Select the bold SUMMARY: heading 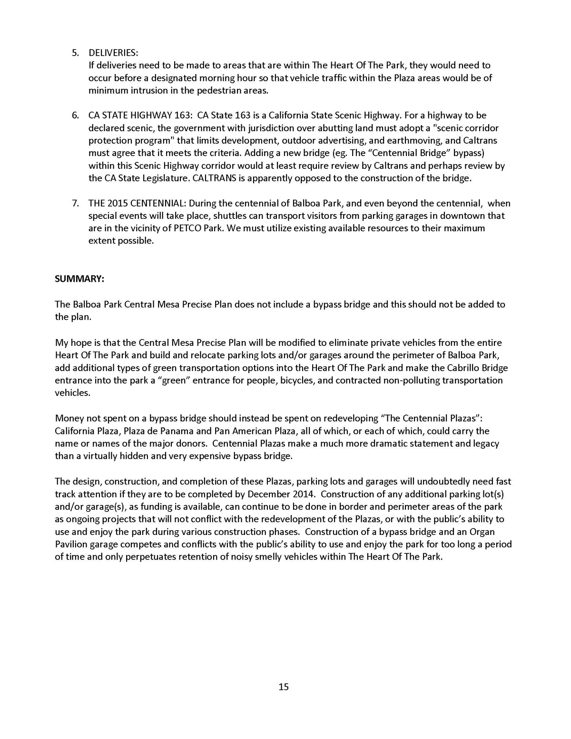(x=79, y=279)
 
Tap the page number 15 (x=284, y=687)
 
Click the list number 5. (x=76, y=52)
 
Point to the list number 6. (x=76, y=115)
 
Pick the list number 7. (x=76, y=203)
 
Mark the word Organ (x=482, y=532)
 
